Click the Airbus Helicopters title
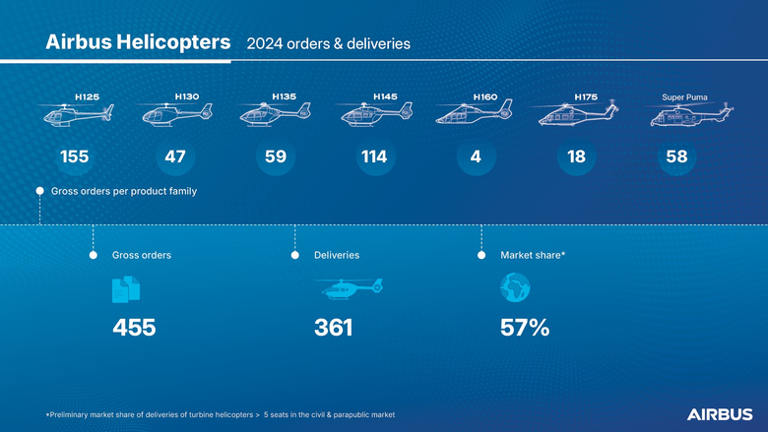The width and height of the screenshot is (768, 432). pyautogui.click(x=138, y=43)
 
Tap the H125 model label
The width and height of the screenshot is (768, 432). pyautogui.click(x=88, y=97)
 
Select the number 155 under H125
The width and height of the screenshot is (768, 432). pyautogui.click(x=75, y=157)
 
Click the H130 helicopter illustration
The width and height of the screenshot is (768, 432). pyautogui.click(x=173, y=115)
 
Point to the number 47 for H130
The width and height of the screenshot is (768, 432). pyautogui.click(x=174, y=157)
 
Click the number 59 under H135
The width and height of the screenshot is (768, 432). pyautogui.click(x=276, y=157)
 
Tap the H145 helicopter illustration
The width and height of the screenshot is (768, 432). pyautogui.click(x=376, y=115)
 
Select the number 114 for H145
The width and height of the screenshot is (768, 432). pyautogui.click(x=373, y=157)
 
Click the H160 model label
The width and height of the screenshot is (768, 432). pyautogui.click(x=485, y=97)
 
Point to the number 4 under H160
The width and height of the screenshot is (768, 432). pyautogui.click(x=476, y=157)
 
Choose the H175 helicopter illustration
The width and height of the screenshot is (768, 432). pyautogui.click(x=577, y=115)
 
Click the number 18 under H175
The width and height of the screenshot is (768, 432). pyautogui.click(x=577, y=157)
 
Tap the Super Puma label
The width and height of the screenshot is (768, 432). pyautogui.click(x=684, y=97)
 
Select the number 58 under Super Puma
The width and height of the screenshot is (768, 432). pyautogui.click(x=676, y=157)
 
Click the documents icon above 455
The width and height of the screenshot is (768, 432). pyautogui.click(x=126, y=288)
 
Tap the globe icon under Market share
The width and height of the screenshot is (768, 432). pyautogui.click(x=515, y=288)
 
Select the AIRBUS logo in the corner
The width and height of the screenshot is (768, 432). pyautogui.click(x=720, y=414)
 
